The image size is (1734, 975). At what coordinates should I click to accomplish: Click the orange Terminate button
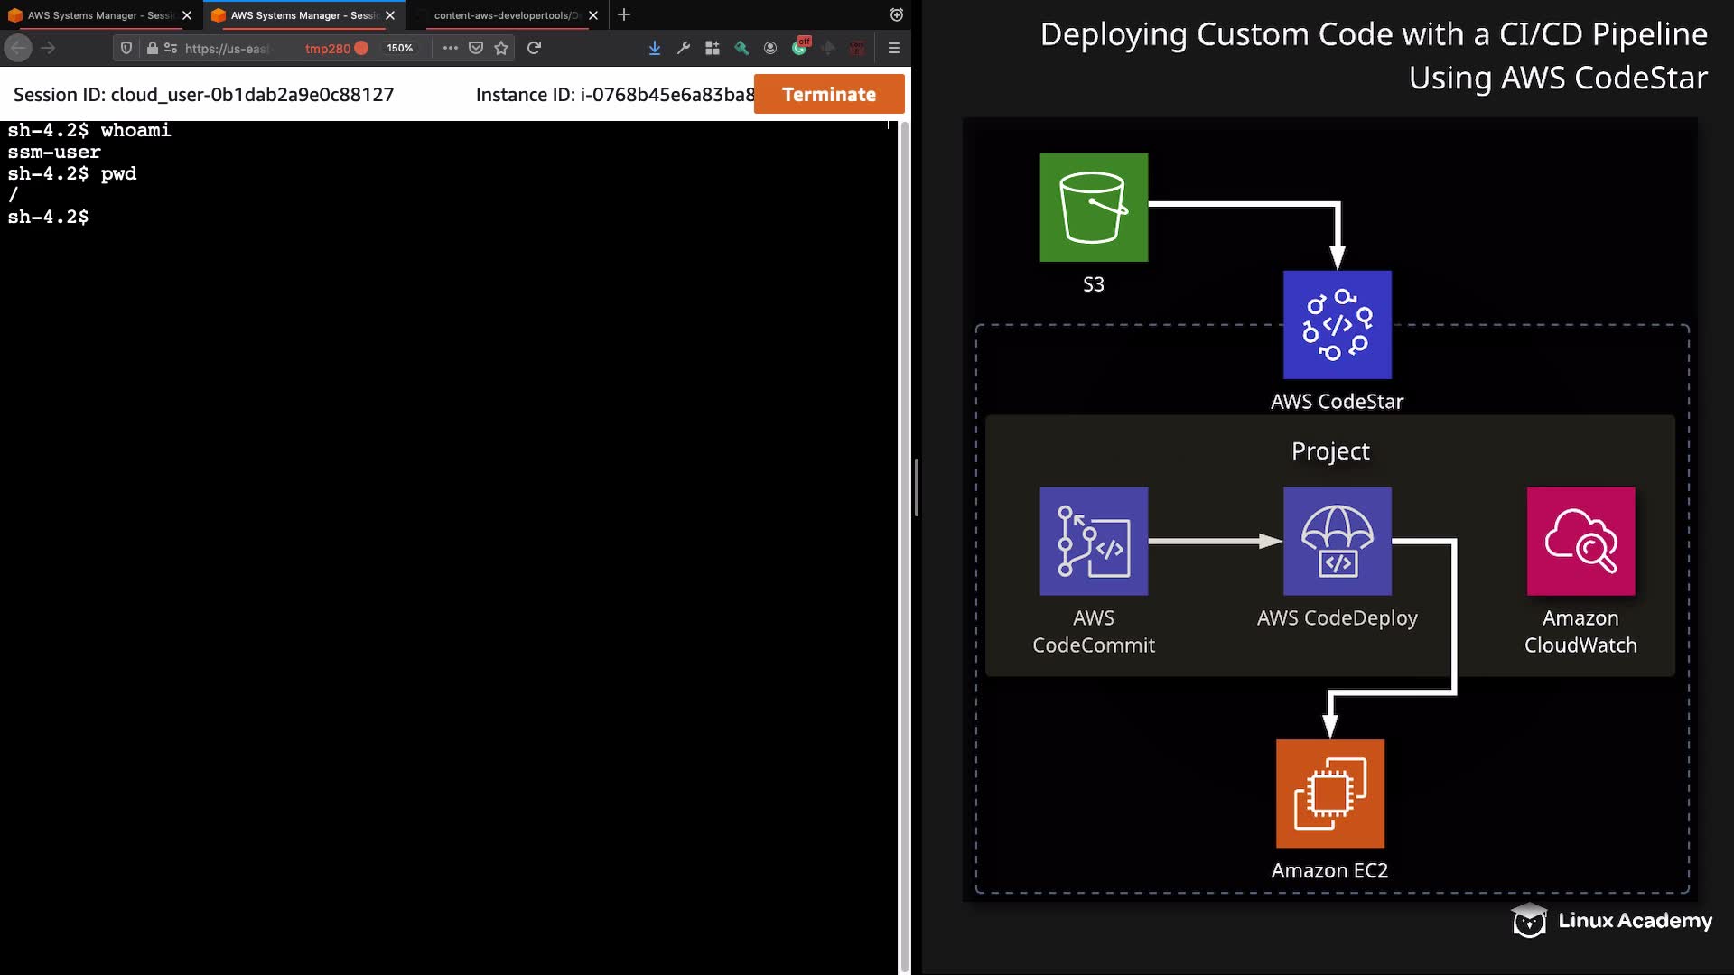pos(829,94)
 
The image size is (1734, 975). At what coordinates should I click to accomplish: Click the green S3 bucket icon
pos(1094,208)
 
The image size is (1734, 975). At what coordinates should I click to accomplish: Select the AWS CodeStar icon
pos(1338,325)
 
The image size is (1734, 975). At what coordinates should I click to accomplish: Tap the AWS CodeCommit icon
pos(1094,542)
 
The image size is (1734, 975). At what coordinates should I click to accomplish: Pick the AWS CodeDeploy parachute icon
pos(1338,542)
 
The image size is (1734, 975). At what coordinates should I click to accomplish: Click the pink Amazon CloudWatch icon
pos(1581,542)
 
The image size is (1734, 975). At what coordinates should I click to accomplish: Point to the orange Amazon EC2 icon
pos(1330,794)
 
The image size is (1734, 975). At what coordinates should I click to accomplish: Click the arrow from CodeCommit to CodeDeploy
pos(1216,542)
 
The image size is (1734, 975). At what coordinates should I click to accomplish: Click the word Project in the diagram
pos(1330,450)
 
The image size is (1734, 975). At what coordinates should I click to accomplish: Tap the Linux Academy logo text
pos(1635,920)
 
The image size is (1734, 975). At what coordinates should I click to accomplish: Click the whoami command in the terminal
pos(135,130)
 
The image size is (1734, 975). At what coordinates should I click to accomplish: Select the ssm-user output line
pos(54,152)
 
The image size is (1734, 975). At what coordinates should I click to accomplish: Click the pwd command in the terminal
pos(118,173)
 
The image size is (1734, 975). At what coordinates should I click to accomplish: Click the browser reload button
pos(534,48)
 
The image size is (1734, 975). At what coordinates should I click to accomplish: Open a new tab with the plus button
pos(624,14)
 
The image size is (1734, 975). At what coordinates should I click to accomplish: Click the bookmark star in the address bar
pos(501,48)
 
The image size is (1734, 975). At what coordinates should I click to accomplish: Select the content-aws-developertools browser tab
pos(506,15)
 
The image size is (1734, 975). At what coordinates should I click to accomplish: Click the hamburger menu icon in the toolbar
pos(894,48)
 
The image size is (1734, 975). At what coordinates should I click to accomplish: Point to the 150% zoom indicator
pos(399,48)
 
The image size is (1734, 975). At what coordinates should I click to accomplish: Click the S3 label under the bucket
pos(1094,284)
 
